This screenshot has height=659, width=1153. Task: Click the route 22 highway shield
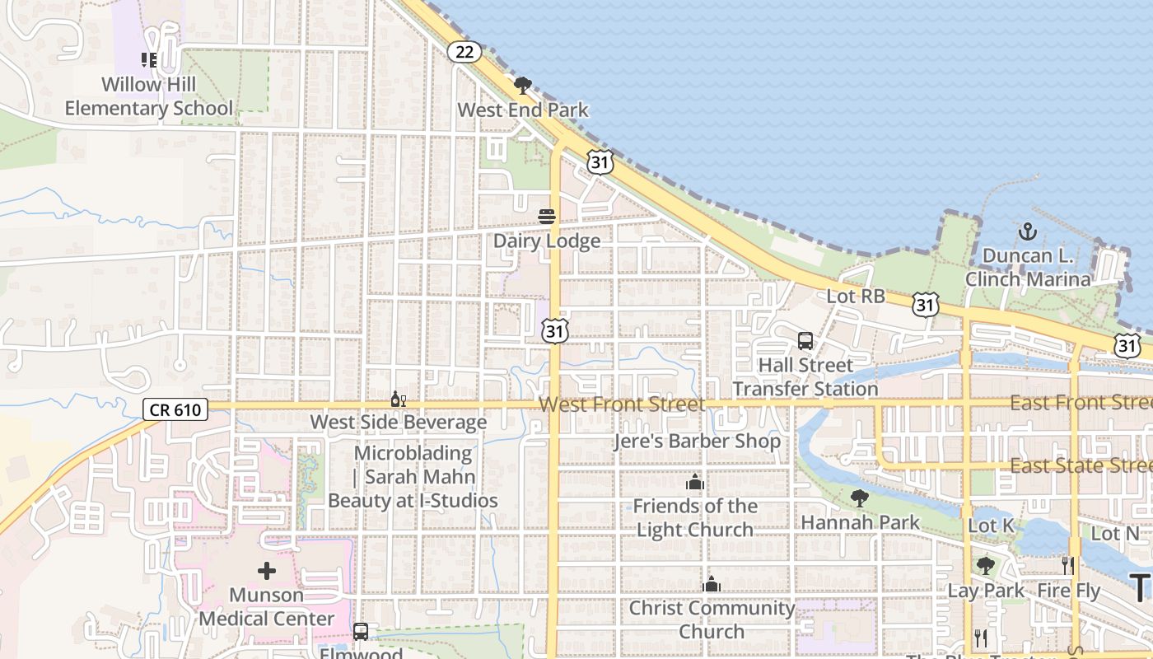pos(464,52)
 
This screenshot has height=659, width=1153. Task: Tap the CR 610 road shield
pos(175,409)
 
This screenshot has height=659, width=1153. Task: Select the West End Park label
pos(523,110)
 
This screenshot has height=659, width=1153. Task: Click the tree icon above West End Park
pos(522,85)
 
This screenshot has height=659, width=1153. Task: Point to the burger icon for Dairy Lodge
pos(547,217)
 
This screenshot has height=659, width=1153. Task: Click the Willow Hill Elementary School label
pos(149,96)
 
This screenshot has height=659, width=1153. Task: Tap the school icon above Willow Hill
pos(149,59)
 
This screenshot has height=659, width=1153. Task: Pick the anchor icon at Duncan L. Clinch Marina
pos(1027,231)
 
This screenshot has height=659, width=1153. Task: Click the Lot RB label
pos(855,296)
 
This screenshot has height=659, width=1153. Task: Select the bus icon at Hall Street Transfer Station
pos(805,340)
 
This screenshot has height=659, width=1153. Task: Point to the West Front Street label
pos(623,404)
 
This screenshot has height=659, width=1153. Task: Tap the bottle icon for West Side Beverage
pos(398,400)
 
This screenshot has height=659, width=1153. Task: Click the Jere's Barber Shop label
pos(697,441)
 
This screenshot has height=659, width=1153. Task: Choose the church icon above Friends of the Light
pos(695,482)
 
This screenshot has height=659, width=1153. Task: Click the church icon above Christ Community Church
pos(712,584)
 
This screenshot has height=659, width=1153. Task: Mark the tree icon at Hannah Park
pos(860,498)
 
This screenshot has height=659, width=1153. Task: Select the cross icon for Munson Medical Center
pos(267,570)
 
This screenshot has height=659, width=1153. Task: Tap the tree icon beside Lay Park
pos(986,566)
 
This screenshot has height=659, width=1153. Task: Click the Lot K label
pos(991,526)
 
